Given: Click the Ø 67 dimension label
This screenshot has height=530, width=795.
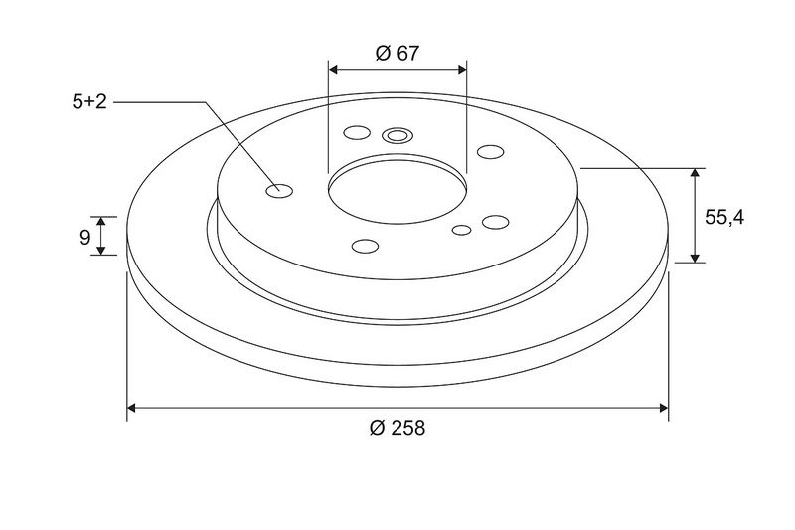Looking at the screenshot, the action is [x=397, y=53].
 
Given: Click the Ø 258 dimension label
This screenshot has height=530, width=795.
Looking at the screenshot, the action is [x=397, y=428].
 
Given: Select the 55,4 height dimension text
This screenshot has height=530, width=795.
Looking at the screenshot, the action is [x=724, y=217].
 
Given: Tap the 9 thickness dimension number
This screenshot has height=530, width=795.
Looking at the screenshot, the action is [x=85, y=237].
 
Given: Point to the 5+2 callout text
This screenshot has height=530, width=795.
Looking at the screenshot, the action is [x=89, y=102].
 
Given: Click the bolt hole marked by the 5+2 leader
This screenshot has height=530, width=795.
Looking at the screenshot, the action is [x=279, y=191].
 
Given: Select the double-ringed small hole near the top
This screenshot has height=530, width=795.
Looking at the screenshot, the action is [x=397, y=136].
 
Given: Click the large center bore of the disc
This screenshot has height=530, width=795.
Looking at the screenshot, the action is [x=397, y=190].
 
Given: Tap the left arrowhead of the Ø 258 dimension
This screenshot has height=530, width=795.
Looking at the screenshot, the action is [x=131, y=408].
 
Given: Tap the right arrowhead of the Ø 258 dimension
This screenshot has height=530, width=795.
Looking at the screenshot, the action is [x=663, y=408].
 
